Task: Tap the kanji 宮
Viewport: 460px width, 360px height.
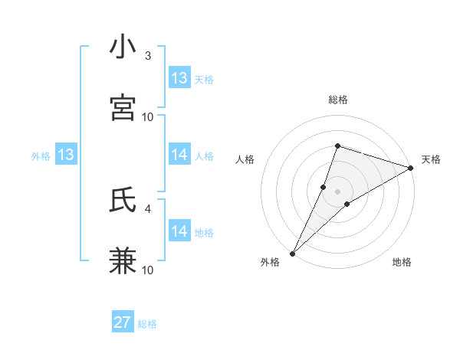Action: point(123,107)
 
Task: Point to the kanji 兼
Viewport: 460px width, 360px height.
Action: point(123,260)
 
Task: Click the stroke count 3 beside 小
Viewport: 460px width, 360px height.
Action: point(148,56)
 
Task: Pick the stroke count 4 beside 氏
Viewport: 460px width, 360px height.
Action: point(148,208)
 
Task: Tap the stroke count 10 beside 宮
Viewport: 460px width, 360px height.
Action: point(148,116)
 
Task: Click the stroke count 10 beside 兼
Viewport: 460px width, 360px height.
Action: point(148,270)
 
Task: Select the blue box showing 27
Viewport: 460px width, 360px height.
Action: point(123,322)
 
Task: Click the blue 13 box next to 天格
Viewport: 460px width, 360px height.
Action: point(179,78)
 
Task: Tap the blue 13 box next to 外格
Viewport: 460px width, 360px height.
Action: point(66,155)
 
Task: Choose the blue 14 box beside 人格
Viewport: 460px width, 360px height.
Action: point(179,155)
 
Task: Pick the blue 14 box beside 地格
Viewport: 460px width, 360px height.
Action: point(179,231)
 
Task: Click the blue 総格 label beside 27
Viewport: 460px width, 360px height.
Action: point(147,324)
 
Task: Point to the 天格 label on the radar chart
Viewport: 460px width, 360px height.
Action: point(431,159)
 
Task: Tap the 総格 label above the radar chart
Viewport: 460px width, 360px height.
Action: point(337,100)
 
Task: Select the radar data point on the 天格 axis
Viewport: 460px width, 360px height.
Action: point(411,168)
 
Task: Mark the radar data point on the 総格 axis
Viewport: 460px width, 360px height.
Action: point(337,146)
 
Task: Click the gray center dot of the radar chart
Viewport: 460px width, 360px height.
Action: point(337,191)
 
